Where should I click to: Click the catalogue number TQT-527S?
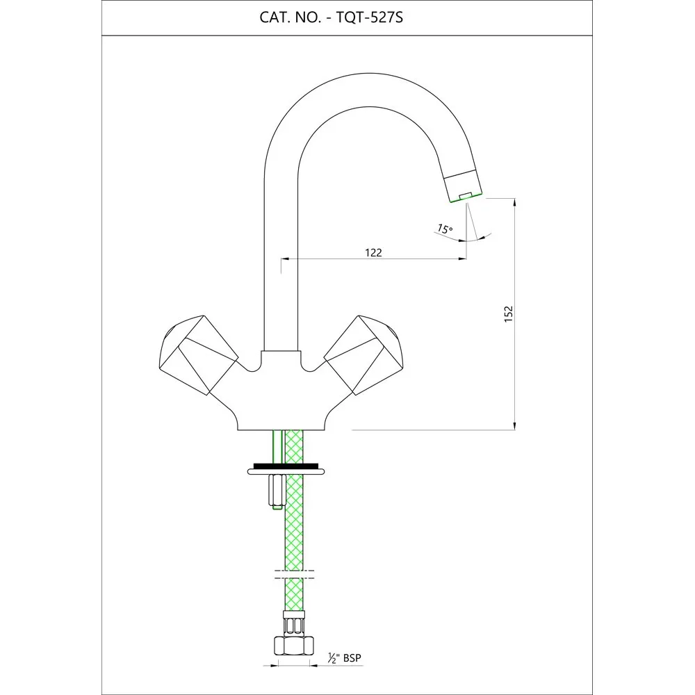[x=370, y=17]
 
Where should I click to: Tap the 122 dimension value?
[x=373, y=252]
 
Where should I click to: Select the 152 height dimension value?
[x=509, y=314]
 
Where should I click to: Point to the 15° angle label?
[x=445, y=229]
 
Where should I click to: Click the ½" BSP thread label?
[x=345, y=657]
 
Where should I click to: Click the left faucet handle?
[x=198, y=354]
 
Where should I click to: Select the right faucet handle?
[x=364, y=354]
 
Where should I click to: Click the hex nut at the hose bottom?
[x=294, y=645]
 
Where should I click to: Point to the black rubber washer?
[x=286, y=466]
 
